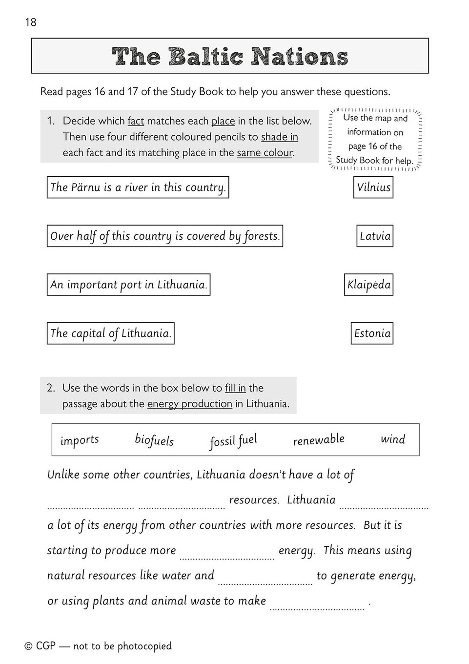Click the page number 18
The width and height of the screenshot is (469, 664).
[31, 22]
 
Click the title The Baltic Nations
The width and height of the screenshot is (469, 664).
[230, 57]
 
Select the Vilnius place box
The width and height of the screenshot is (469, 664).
[373, 187]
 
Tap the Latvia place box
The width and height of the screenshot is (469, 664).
[375, 236]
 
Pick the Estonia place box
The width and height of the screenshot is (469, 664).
[372, 333]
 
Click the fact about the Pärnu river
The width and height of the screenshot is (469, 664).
[138, 187]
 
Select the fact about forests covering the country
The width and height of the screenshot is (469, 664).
[165, 236]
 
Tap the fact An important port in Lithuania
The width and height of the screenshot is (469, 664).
[128, 285]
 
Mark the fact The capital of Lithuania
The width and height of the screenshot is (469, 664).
[110, 333]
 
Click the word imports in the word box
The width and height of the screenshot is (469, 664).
[80, 440]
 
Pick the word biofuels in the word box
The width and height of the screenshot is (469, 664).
[154, 440]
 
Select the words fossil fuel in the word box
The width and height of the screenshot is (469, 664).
[233, 441]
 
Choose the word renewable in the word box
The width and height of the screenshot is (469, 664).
[319, 440]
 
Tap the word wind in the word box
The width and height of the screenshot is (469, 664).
[393, 439]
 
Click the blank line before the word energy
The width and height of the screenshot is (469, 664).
[227, 555]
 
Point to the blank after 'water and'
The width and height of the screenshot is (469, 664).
[265, 581]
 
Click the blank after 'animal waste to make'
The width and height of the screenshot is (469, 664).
[317, 606]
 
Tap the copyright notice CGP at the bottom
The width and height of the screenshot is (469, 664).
[98, 646]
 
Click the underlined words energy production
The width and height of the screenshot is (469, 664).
[189, 404]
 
